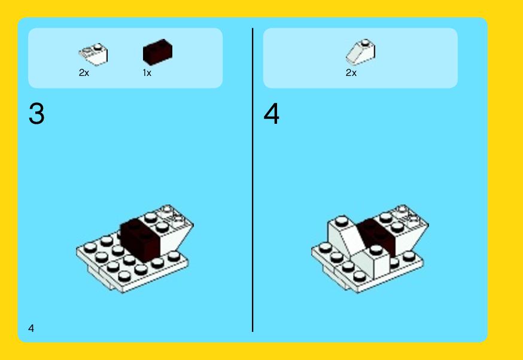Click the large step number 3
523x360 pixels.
(37, 114)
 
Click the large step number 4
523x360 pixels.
(272, 114)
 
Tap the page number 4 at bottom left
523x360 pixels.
(31, 328)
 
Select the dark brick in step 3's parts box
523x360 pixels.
(157, 51)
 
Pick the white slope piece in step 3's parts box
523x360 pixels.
(93, 54)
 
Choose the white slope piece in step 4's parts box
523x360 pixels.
(361, 53)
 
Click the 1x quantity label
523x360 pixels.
(147, 73)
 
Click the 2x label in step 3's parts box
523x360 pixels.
(84, 73)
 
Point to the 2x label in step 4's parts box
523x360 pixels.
(351, 73)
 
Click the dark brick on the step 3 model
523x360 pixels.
(140, 240)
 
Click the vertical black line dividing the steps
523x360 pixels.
(253, 180)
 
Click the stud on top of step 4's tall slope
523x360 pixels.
(341, 220)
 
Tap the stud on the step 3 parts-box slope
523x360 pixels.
(98, 47)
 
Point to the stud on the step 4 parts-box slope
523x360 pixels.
(366, 42)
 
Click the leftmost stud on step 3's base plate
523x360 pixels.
(90, 247)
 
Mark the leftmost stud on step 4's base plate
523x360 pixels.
(325, 247)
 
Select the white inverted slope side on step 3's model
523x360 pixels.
(174, 239)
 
